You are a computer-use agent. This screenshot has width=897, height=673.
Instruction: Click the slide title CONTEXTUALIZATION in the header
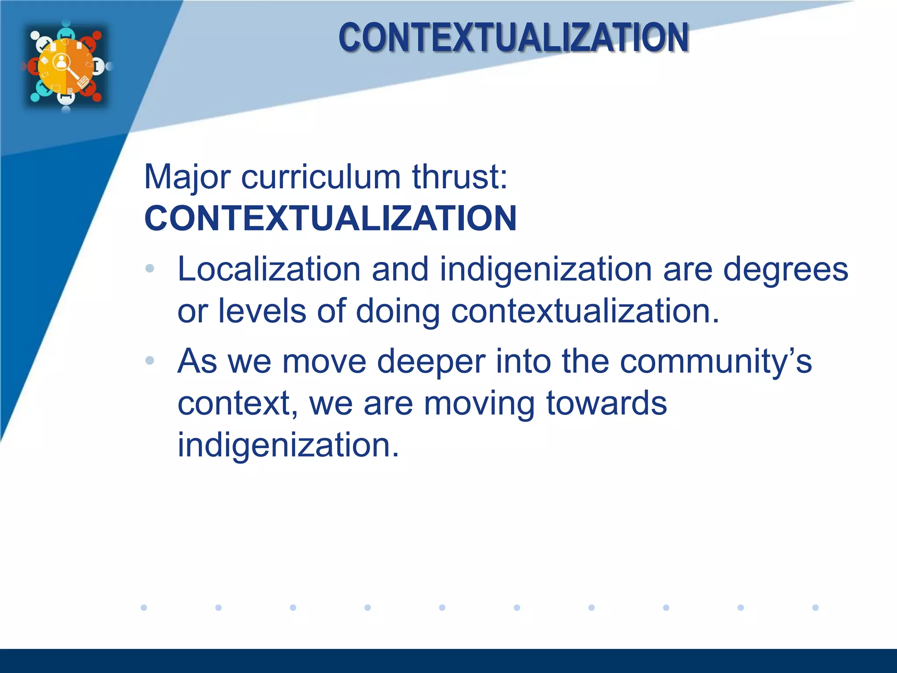click(x=513, y=38)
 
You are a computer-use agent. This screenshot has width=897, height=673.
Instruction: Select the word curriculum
click(x=321, y=177)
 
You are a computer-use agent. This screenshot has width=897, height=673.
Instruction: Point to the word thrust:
click(x=459, y=177)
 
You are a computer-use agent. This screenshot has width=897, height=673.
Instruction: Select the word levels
click(x=262, y=311)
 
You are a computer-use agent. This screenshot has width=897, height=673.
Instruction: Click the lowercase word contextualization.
click(x=585, y=311)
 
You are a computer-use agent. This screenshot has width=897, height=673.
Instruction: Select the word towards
click(x=606, y=403)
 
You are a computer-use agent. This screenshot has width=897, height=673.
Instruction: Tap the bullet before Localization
click(x=150, y=269)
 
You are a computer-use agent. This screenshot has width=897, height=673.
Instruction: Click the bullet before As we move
click(x=150, y=361)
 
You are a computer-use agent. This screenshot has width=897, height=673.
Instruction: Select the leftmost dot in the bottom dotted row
click(x=144, y=607)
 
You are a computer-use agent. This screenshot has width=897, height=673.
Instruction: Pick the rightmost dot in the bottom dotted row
click(x=815, y=607)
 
